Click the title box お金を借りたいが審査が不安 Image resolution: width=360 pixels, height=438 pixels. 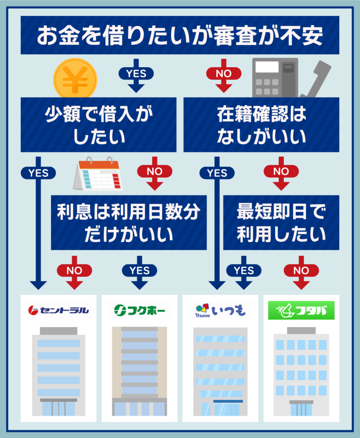pyautogui.click(x=180, y=35)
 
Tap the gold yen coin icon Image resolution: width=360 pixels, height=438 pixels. pyautogui.click(x=75, y=79)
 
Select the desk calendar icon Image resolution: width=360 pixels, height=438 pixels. pyautogui.click(x=98, y=174)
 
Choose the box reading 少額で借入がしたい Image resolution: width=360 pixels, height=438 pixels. pyautogui.click(x=99, y=124)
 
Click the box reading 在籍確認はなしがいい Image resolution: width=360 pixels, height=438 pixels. pyautogui.click(x=261, y=124)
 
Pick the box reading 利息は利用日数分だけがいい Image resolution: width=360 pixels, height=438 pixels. pyautogui.click(x=129, y=222)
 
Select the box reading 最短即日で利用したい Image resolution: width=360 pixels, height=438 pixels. pyautogui.click(x=281, y=222)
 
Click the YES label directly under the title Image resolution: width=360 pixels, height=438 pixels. pyautogui.click(x=136, y=74)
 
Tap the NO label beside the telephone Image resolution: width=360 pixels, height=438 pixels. pyautogui.click(x=224, y=74)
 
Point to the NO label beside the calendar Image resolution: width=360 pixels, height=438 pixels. pyautogui.click(x=155, y=171)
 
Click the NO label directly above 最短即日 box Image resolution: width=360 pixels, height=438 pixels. pyautogui.click(x=281, y=171)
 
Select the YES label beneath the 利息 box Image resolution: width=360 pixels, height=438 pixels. pyautogui.click(x=140, y=270)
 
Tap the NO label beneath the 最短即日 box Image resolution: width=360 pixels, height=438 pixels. pyautogui.click(x=301, y=270)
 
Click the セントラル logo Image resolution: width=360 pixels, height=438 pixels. pyautogui.click(x=59, y=311)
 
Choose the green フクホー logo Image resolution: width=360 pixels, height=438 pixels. pyautogui.click(x=139, y=311)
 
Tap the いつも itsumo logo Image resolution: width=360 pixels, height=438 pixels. pyautogui.click(x=220, y=311)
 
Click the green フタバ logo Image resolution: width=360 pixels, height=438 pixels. pyautogui.click(x=301, y=311)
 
